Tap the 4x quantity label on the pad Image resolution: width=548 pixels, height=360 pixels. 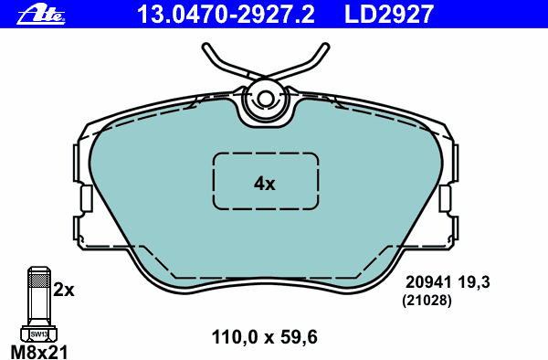(x=264, y=184)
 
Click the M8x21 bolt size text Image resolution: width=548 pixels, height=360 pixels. (x=38, y=350)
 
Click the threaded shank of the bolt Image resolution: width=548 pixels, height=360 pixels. (x=38, y=292)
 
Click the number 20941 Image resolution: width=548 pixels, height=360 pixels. (x=422, y=283)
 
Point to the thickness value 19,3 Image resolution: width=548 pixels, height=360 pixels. (x=475, y=283)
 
